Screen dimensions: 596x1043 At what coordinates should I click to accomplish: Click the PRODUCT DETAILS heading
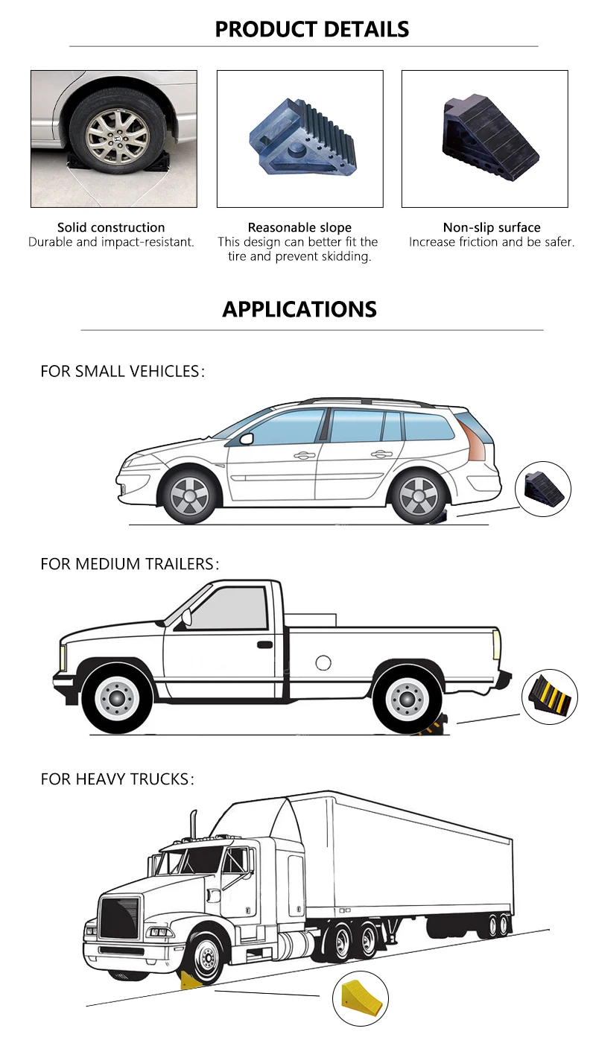tap(311, 30)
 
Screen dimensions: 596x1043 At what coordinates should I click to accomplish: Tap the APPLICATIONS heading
tap(299, 310)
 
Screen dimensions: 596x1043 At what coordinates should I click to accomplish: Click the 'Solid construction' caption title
tap(111, 227)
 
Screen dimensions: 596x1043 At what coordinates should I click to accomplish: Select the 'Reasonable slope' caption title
tap(299, 227)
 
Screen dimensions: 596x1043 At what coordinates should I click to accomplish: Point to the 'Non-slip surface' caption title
tap(492, 227)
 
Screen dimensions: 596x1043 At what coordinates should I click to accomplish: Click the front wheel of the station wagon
tap(189, 495)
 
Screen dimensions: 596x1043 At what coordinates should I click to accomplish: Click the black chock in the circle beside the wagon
tap(543, 489)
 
